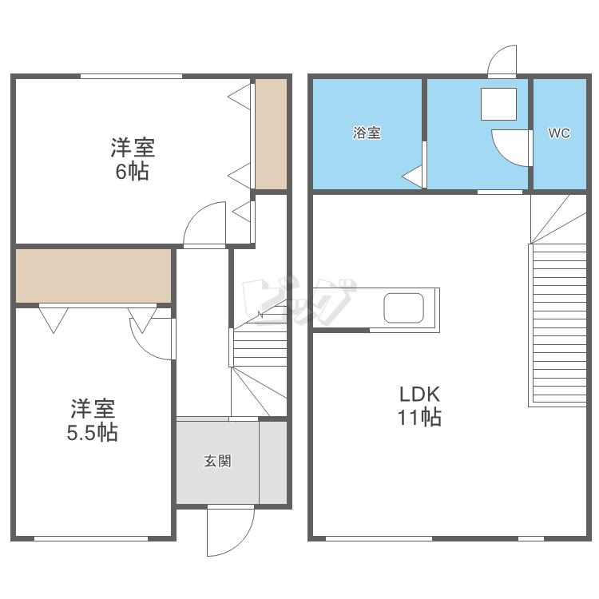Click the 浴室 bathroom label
(367, 133)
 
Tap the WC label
(559, 133)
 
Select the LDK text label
(420, 394)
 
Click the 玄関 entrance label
(217, 461)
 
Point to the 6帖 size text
(133, 171)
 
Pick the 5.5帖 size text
(93, 433)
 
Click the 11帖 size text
(420, 416)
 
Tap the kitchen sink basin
(404, 307)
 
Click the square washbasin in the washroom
(499, 104)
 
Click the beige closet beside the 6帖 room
(271, 134)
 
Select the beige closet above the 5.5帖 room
(93, 276)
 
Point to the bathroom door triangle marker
(413, 177)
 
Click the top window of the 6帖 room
(131, 76)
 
